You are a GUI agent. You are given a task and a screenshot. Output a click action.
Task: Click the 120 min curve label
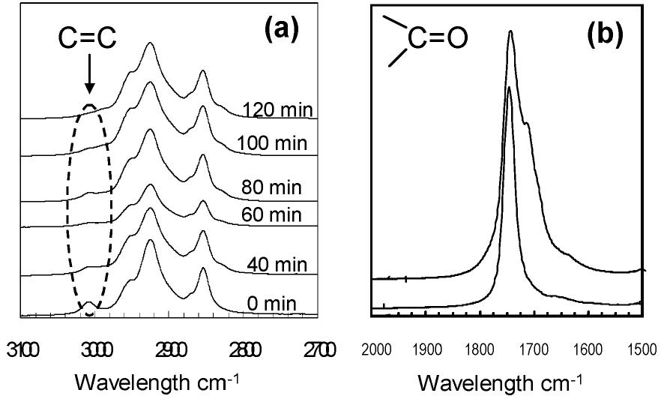coord(277,110)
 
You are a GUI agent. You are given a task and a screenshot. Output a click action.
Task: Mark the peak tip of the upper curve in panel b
coord(510,31)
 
